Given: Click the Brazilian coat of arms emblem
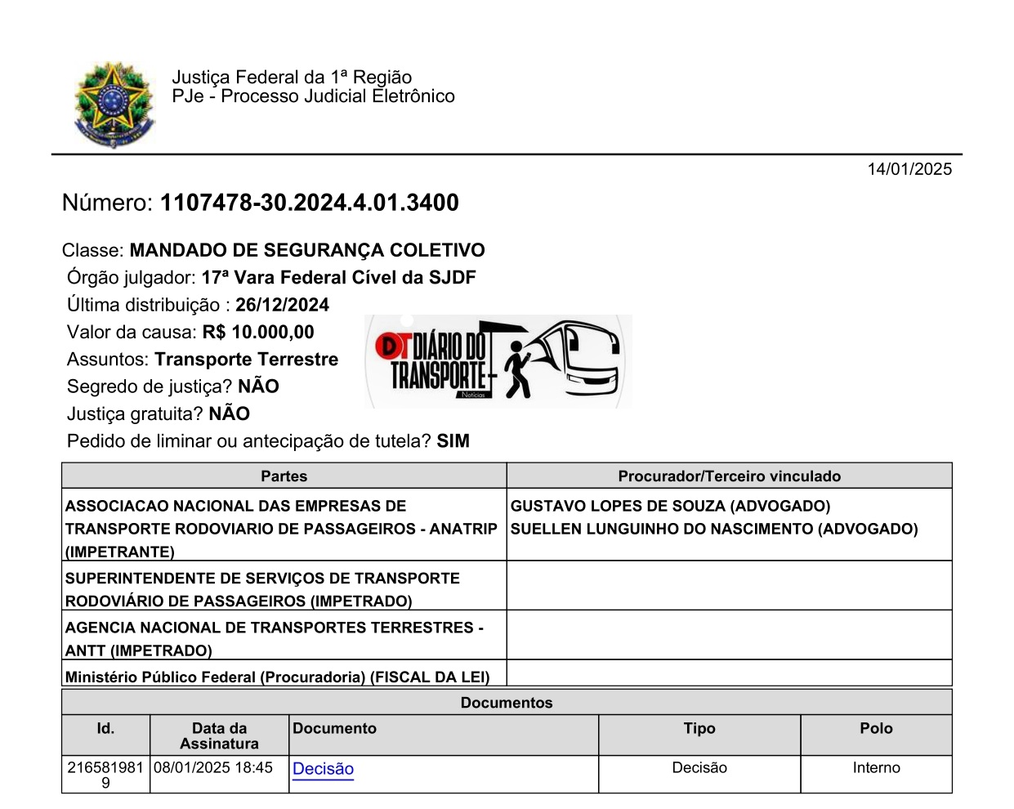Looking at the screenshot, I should (114, 104).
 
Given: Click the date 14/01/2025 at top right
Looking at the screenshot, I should (909, 169).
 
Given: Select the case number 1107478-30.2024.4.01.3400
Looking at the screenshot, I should (309, 203).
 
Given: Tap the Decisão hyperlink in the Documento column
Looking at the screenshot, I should (323, 769).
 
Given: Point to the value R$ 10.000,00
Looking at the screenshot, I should (258, 332).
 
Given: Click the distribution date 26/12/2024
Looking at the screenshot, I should (282, 305).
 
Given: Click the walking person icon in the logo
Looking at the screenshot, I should (516, 369).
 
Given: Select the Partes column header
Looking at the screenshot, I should (284, 476).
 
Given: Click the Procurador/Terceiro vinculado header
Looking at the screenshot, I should (729, 476).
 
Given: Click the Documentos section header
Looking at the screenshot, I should (507, 703).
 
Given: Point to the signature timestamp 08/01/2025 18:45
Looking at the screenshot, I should (213, 768).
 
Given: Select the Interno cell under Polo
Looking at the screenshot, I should (876, 768).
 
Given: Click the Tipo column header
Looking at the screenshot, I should (699, 729).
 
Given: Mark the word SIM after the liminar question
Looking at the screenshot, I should (453, 441).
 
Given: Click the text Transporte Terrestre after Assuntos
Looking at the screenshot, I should (247, 360).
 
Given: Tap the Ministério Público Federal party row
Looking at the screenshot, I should (278, 677).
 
